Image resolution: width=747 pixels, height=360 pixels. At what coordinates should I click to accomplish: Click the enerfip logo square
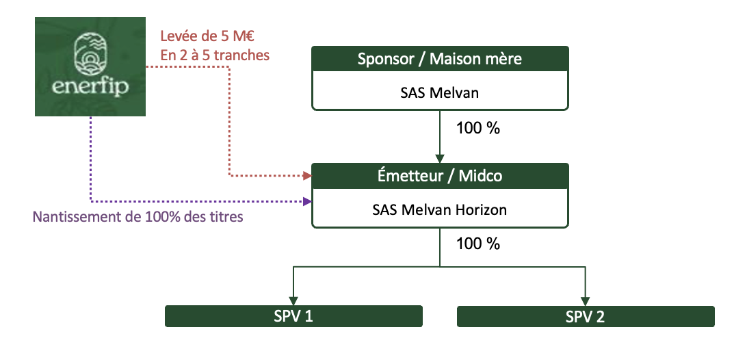(x=90, y=67)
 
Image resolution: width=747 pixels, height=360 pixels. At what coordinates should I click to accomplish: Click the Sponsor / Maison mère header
(x=440, y=59)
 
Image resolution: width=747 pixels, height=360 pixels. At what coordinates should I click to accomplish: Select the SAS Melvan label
(x=440, y=92)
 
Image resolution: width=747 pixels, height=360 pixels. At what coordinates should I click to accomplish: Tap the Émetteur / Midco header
(x=440, y=175)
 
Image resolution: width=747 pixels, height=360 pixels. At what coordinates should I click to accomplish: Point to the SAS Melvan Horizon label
(x=440, y=209)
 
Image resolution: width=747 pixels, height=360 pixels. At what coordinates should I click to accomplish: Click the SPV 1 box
(x=293, y=316)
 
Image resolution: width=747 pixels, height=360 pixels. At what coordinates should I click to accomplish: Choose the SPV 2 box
(x=586, y=316)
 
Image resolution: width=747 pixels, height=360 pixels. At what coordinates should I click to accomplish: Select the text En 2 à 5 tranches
(x=215, y=55)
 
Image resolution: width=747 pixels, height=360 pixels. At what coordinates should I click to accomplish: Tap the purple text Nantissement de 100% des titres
(x=137, y=217)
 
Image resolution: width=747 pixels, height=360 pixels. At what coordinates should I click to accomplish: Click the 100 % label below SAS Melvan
(x=478, y=128)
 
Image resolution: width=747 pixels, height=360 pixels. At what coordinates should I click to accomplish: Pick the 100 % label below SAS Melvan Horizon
(x=478, y=244)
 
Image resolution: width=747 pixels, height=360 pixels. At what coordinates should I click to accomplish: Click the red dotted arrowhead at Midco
(x=308, y=176)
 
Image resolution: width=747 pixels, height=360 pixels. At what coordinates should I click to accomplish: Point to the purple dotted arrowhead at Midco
(x=308, y=202)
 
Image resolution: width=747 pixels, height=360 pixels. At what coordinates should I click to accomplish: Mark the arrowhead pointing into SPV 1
(x=293, y=301)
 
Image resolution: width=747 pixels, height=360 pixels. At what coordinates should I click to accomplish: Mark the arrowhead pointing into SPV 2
(x=586, y=301)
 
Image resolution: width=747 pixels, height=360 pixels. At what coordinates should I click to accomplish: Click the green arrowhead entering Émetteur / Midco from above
(x=440, y=159)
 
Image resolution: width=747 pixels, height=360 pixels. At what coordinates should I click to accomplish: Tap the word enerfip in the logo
(x=90, y=87)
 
